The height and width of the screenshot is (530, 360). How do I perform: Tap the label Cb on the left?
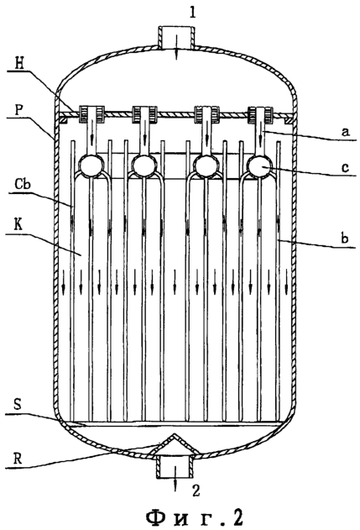tap(23, 185)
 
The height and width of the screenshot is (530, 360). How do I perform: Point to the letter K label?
tap(18, 225)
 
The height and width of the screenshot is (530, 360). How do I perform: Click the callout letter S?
tap(18, 405)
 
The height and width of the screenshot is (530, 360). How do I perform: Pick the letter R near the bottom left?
tap(18, 459)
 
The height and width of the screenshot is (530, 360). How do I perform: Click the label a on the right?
tap(344, 132)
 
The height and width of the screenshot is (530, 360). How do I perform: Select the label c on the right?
tap(345, 168)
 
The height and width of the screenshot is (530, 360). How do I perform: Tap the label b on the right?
tap(344, 239)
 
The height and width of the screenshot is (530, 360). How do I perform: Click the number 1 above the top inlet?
tap(192, 13)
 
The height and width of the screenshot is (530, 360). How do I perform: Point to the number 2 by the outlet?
tap(196, 491)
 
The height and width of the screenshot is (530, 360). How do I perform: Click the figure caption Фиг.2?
tap(194, 517)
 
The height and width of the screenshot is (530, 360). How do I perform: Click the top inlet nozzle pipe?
tap(175, 38)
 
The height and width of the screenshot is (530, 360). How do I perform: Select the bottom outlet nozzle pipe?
tap(175, 466)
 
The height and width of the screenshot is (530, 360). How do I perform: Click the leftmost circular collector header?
tap(91, 165)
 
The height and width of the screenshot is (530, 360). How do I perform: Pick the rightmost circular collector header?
tap(259, 165)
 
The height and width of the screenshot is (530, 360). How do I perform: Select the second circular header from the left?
tap(144, 165)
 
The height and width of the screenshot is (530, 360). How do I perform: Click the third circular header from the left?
tap(206, 165)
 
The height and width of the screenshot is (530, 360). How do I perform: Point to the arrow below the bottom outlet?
tap(175, 479)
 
